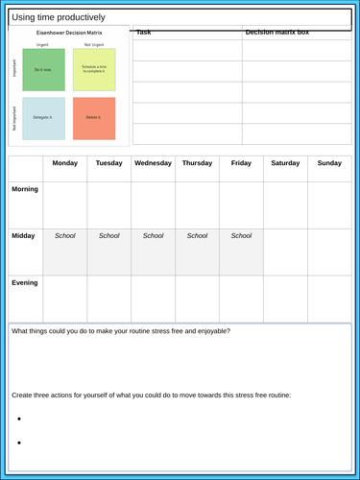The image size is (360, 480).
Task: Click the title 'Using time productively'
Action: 60,17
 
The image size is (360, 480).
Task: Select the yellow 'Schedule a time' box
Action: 94,70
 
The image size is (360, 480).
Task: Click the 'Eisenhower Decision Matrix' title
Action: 68,33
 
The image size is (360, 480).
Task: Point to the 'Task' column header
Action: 144,33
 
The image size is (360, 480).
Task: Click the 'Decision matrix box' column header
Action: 277,33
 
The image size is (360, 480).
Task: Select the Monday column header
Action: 64,163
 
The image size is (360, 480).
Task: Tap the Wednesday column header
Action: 153,163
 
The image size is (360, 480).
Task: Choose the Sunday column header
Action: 329,163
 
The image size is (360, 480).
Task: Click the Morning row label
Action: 25,189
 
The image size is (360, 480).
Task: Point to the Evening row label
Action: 25,282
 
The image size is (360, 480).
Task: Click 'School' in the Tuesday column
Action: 108,235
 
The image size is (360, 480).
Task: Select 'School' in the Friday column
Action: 241,235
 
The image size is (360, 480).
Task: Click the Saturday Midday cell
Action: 285,252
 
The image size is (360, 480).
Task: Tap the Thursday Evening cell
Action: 197,298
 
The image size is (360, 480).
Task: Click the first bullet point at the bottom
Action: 20,419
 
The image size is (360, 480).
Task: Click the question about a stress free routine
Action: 121,331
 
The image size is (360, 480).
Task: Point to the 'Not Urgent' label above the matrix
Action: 94,44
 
